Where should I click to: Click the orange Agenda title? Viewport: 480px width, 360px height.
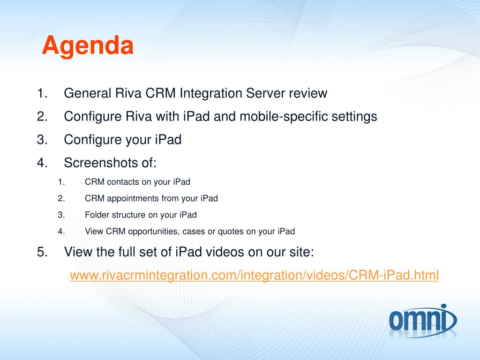88,46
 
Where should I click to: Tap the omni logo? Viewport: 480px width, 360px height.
423,321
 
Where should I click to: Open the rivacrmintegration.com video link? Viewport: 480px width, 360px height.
254,275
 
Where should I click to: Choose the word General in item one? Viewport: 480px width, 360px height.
87,93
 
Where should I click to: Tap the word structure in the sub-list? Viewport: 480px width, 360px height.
128,215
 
